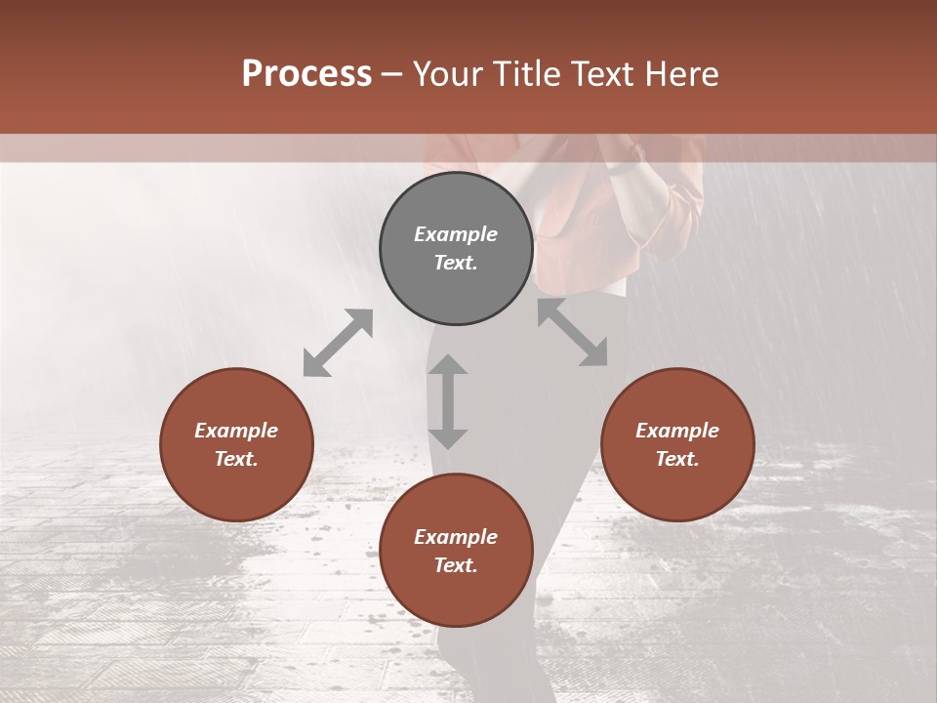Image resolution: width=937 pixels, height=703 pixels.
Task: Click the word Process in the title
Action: (x=306, y=74)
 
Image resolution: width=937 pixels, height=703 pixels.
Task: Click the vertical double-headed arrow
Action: (x=448, y=401)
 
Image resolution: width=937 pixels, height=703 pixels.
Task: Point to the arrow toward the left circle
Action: (x=338, y=343)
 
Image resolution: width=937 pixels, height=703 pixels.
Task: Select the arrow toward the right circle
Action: (x=573, y=333)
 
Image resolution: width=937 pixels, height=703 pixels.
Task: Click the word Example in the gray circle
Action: (x=456, y=234)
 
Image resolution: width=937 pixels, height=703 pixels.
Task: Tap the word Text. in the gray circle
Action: (x=456, y=263)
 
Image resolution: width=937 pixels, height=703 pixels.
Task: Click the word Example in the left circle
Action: (x=236, y=431)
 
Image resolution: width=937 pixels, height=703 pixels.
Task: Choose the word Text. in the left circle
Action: (x=236, y=459)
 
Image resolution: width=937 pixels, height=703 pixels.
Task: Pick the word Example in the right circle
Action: (x=677, y=431)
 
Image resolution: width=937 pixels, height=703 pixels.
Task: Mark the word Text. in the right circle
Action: (x=677, y=459)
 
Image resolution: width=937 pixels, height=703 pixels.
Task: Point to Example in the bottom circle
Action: (x=456, y=537)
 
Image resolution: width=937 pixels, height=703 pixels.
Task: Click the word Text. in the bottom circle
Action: (x=456, y=565)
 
